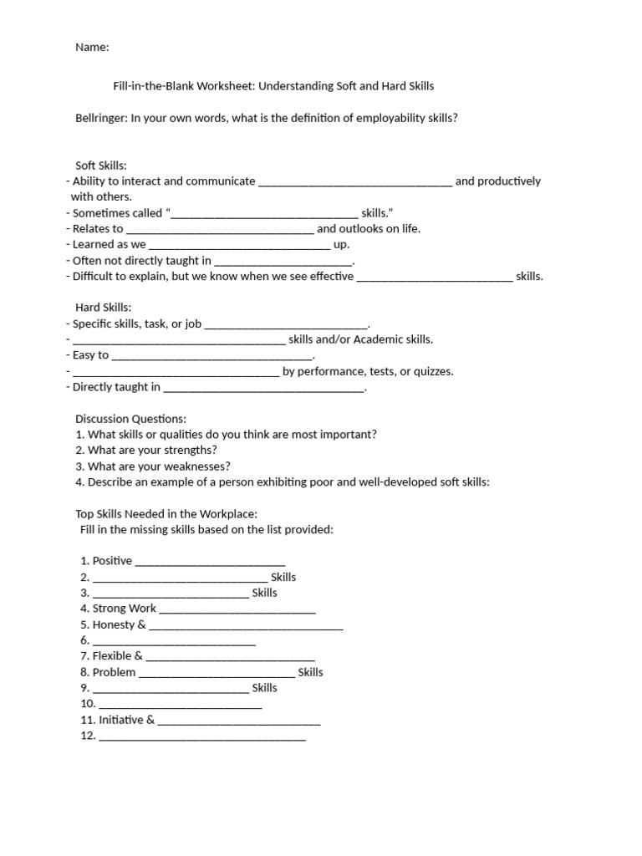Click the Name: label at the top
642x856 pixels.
[92, 48]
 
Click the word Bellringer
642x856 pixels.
[104, 118]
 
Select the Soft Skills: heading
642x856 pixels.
[101, 166]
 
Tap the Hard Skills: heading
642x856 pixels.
[103, 308]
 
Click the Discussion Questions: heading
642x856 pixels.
[130, 419]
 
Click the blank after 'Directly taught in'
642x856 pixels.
[264, 388]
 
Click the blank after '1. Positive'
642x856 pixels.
[210, 562]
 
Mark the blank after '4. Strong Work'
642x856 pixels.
[237, 609]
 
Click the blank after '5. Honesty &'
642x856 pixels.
[246, 625]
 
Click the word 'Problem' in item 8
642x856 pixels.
[114, 672]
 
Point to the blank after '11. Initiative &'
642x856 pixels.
[239, 721]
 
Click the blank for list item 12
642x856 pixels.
[202, 736]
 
